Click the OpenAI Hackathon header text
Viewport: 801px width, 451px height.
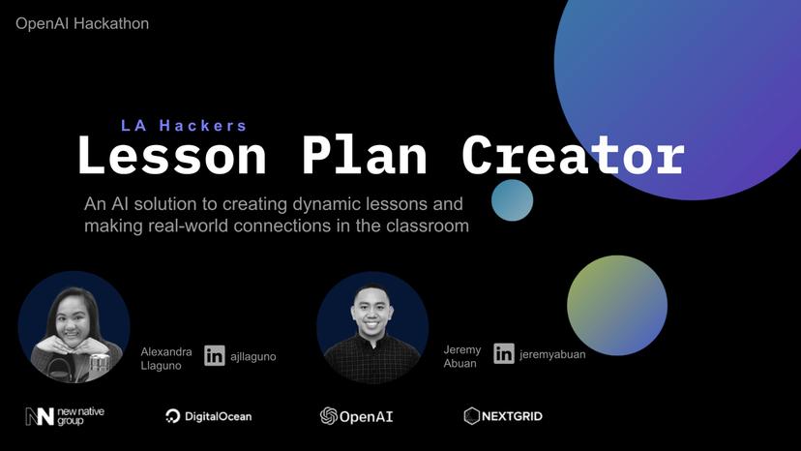click(82, 23)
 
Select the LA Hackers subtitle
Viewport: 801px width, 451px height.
click(184, 125)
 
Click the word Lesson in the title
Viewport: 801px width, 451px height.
click(172, 156)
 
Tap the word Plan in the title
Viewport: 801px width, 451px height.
click(364, 156)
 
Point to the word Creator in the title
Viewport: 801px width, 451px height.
click(573, 156)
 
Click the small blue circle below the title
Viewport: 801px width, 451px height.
click(512, 200)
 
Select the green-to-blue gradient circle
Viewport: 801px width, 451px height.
click(616, 305)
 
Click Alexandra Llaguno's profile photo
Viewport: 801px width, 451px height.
click(74, 327)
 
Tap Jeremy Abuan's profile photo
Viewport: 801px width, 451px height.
click(372, 327)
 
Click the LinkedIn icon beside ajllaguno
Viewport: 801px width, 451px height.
click(215, 355)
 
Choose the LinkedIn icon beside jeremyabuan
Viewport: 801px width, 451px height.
click(504, 353)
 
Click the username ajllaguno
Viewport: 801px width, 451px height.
click(253, 356)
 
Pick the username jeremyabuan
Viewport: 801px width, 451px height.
click(552, 354)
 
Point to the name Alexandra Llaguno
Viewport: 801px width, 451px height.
click(166, 358)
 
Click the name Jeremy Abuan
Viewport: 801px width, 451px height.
click(462, 357)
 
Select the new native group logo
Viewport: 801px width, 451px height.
click(65, 416)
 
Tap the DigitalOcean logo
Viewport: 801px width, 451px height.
click(208, 416)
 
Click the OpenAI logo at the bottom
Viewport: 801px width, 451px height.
click(356, 416)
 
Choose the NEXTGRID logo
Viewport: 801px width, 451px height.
click(503, 416)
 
